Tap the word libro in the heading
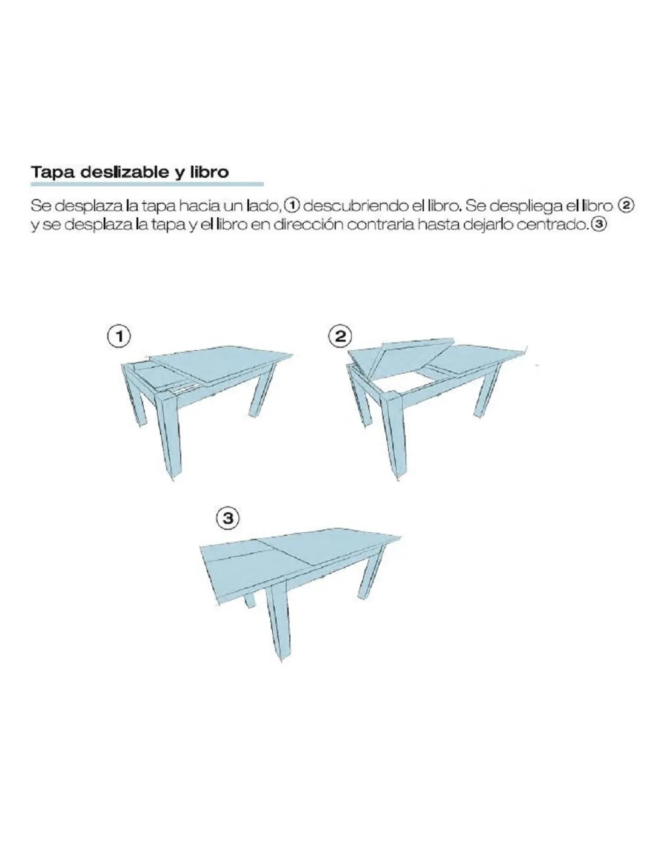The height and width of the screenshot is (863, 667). [x=212, y=172]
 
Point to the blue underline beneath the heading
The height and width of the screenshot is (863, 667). [x=147, y=184]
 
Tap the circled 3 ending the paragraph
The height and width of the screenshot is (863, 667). [x=599, y=225]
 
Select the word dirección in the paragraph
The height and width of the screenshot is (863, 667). [x=307, y=225]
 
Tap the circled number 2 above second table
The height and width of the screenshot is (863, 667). [x=340, y=337]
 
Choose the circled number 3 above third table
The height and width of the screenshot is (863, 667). [x=228, y=518]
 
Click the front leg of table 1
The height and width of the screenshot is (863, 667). [x=168, y=435]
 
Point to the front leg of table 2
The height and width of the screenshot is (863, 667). [x=393, y=435]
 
